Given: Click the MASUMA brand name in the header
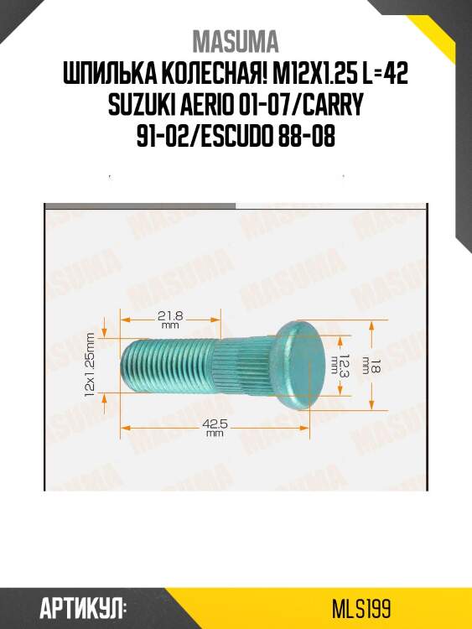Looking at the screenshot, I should tap(236, 42).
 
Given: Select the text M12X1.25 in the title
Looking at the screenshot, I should tap(299, 76).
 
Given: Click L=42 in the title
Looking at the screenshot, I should tap(383, 76).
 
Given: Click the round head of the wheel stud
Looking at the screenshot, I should tap(299, 366).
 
